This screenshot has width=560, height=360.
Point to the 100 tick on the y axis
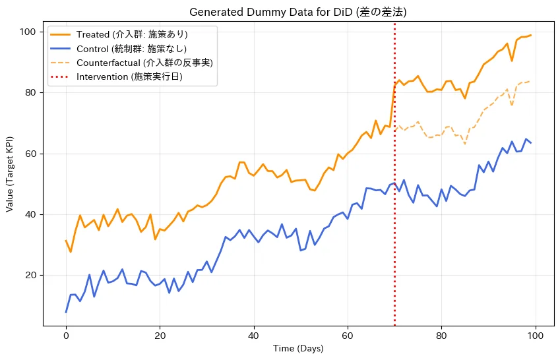(x=28, y=32)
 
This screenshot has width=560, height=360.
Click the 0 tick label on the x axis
(x=66, y=336)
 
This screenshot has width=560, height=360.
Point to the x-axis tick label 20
(x=160, y=336)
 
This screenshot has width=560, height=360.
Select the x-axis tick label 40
(x=254, y=336)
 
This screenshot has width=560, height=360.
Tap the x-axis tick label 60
(x=348, y=336)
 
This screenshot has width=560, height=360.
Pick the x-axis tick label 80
(x=441, y=336)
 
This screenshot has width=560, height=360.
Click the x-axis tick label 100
(x=536, y=336)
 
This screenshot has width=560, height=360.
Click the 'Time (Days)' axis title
(x=298, y=348)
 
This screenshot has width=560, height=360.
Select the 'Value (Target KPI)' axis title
(x=9, y=174)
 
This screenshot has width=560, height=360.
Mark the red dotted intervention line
(x=394, y=174)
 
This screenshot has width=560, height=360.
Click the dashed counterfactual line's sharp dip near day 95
(x=512, y=105)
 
